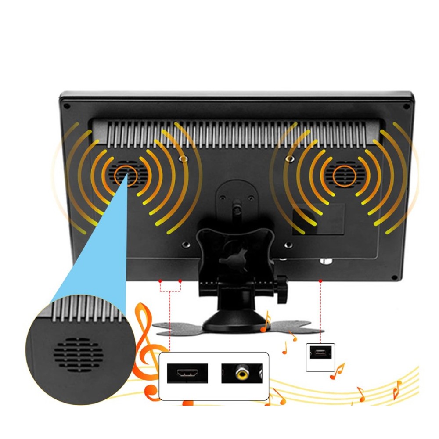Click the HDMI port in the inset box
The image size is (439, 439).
coord(187,374)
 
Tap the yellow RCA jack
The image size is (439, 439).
coord(241,374)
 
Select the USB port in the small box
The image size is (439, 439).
coord(320,353)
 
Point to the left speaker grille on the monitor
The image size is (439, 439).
coord(125,174)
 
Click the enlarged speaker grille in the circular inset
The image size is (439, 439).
coord(79,355)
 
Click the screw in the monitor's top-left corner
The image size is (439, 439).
coord(66,106)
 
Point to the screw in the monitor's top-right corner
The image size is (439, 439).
coord(406,106)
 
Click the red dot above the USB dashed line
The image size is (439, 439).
coord(320,281)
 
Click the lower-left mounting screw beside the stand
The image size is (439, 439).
coord(186,244)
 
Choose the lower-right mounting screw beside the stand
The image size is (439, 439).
coord(288,245)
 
